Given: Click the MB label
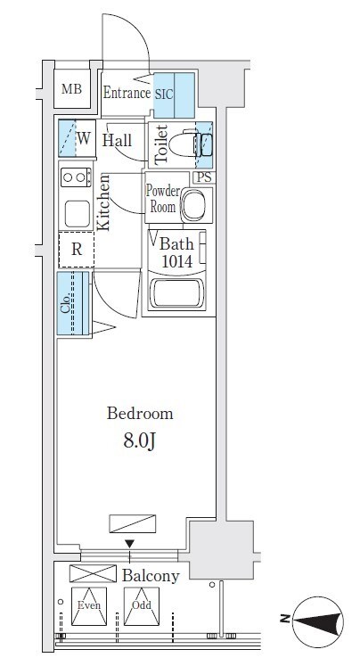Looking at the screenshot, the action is [71, 89].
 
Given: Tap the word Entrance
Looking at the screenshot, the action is [127, 93].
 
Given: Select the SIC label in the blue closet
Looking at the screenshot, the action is [164, 95].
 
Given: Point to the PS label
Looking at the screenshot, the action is [204, 177].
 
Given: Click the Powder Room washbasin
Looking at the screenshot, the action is [193, 206].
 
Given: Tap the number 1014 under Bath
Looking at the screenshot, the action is [176, 261].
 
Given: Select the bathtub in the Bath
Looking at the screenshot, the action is [178, 293].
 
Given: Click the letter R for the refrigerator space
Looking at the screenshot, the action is [77, 250].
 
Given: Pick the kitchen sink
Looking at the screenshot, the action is [77, 213].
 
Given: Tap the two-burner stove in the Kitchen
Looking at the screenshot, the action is [76, 177].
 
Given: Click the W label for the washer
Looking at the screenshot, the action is [84, 138].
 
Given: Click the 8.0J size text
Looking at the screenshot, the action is [138, 441].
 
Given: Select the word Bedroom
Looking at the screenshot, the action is [140, 414].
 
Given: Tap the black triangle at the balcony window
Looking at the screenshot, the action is [129, 544].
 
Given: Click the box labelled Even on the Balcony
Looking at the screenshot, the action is [89, 606].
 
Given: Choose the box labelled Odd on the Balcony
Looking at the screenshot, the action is [142, 606].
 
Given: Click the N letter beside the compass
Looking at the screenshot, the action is [285, 619].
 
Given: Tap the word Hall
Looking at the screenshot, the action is [117, 141].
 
